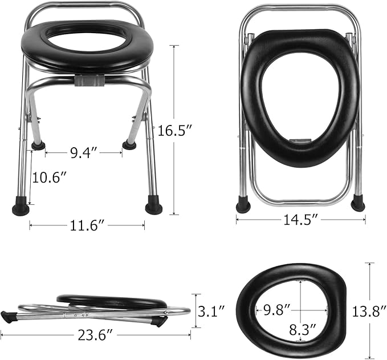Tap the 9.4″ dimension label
coord(83,153)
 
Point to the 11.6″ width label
coord(86,226)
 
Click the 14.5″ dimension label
coord(300,219)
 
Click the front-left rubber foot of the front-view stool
coord(21,207)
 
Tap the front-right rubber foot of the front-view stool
coord(153,205)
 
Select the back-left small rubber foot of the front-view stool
coord(38,145)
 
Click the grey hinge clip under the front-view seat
coord(88,80)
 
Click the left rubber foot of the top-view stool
coord(243,205)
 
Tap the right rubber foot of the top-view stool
coord(358,203)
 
